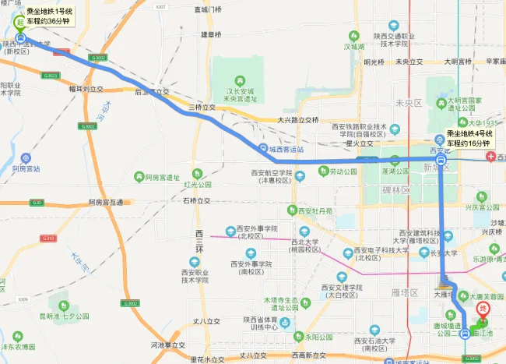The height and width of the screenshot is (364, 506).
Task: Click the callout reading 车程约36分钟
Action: pyautogui.click(x=43, y=21)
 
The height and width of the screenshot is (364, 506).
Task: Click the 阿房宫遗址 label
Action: pyautogui.click(x=162, y=178)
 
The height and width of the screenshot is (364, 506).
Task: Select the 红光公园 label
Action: pyautogui.click(x=198, y=185)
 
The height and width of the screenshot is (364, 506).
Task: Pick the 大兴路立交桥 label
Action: pyautogui.click(x=299, y=120)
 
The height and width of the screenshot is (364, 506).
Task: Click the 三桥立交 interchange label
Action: pyautogui.click(x=202, y=108)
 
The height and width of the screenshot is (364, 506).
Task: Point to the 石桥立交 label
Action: pyautogui.click(x=197, y=201)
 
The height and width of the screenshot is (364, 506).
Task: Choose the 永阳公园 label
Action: pyautogui.click(x=322, y=337)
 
